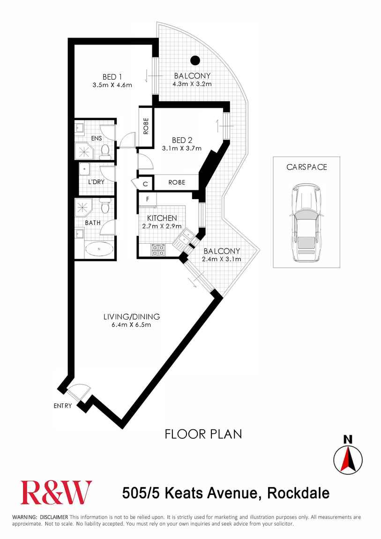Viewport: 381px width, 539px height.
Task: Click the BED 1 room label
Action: tap(112, 77)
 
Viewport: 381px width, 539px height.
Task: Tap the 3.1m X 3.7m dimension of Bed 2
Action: tap(182, 149)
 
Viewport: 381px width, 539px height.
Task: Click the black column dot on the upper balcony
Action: tap(195, 60)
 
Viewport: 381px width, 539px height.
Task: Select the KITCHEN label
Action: tap(162, 218)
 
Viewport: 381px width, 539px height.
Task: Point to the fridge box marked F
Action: tap(147, 199)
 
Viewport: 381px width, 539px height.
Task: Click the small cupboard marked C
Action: tap(145, 184)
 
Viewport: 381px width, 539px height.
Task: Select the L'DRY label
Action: tap(96, 181)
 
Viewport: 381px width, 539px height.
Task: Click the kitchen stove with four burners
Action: tap(158, 249)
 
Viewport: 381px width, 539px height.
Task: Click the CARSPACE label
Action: tap(306, 167)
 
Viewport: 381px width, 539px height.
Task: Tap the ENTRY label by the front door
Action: tap(63, 406)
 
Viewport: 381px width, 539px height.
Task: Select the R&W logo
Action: tap(56, 492)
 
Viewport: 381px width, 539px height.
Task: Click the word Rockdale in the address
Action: tap(298, 493)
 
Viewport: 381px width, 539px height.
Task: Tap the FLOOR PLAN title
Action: tap(203, 434)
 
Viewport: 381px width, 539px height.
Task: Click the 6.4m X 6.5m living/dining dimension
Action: tap(131, 324)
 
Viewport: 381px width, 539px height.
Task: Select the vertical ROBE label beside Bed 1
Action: tap(146, 126)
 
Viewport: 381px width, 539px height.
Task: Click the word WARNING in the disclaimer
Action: tap(25, 517)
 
